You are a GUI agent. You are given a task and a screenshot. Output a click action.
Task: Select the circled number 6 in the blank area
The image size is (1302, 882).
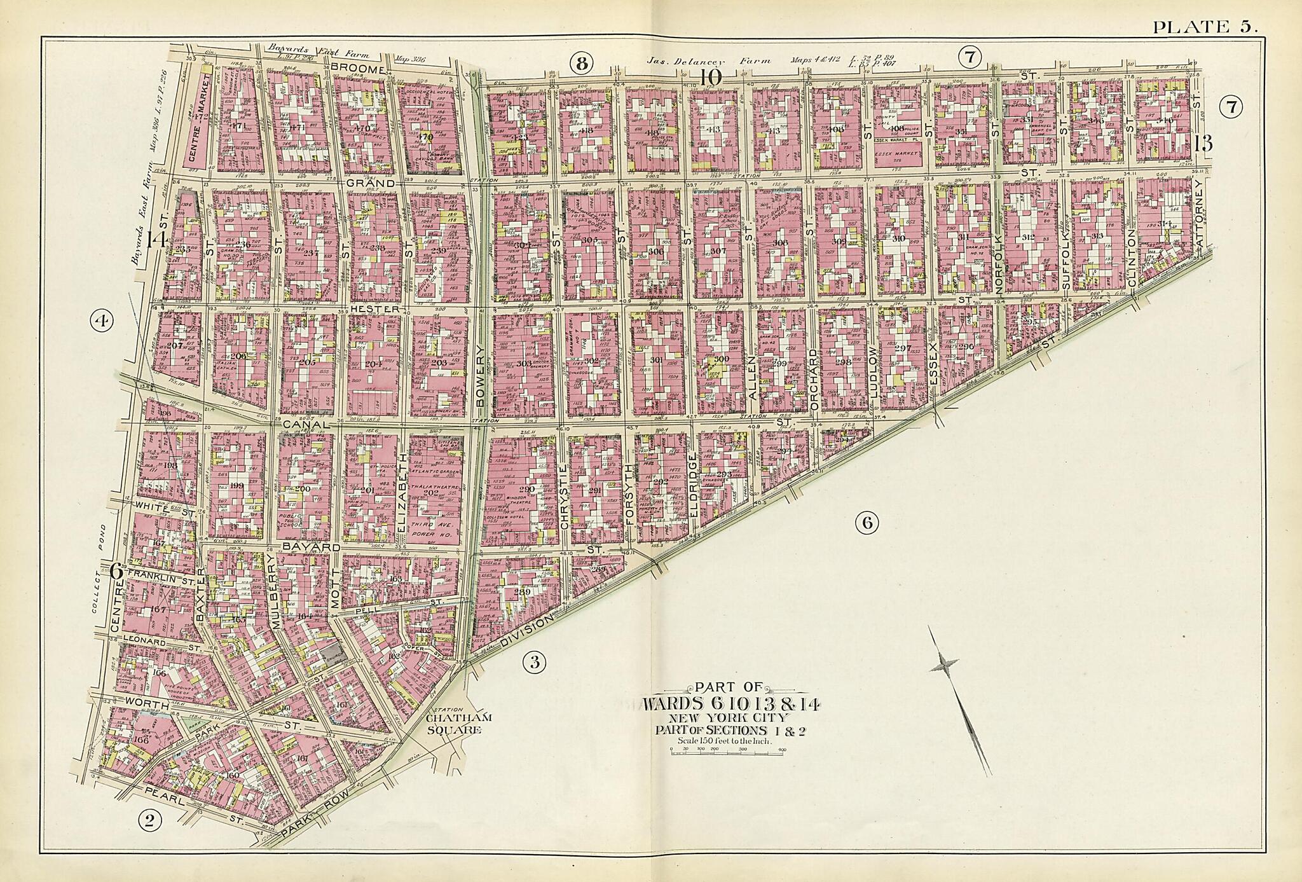(x=867, y=523)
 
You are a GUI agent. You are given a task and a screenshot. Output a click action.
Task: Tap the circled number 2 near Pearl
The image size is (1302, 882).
(x=150, y=821)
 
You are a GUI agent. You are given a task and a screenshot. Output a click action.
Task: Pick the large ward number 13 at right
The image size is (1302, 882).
(x=1203, y=144)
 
